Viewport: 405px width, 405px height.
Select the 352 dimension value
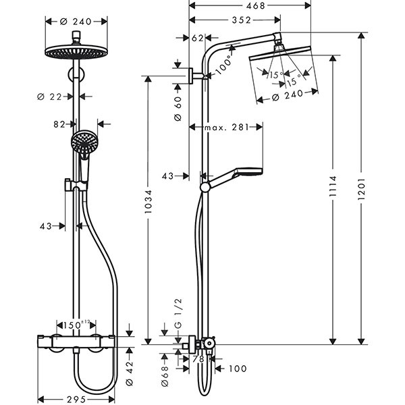point(233,20)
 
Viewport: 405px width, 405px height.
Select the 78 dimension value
point(198,360)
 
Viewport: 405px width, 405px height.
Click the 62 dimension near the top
point(197,38)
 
